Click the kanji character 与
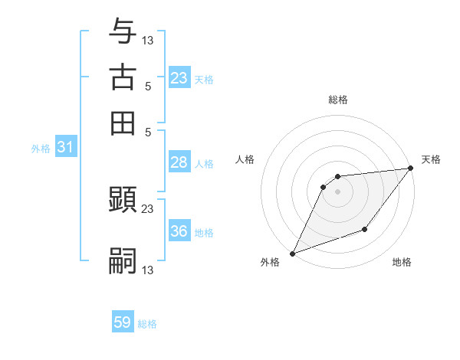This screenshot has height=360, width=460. (123, 31)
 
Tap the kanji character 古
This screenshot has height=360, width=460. (123, 77)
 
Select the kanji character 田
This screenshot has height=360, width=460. (123, 123)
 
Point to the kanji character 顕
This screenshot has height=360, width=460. (123, 201)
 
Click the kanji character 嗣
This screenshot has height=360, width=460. (123, 260)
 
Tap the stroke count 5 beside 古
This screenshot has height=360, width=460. (147, 86)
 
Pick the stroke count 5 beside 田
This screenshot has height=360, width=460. (147, 132)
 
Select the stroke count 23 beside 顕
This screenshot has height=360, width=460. (148, 208)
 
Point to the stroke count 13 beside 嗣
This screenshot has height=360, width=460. (148, 270)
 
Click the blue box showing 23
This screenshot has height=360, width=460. (179, 77)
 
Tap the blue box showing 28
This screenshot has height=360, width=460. (179, 162)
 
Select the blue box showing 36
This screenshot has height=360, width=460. (179, 231)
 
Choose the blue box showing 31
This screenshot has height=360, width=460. (65, 147)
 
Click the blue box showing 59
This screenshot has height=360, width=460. (123, 322)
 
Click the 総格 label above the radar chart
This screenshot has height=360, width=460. (338, 100)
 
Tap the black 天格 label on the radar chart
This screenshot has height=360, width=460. (431, 159)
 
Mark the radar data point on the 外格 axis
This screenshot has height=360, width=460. (292, 254)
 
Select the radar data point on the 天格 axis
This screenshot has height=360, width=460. (411, 169)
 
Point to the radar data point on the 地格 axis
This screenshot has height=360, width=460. (366, 229)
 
